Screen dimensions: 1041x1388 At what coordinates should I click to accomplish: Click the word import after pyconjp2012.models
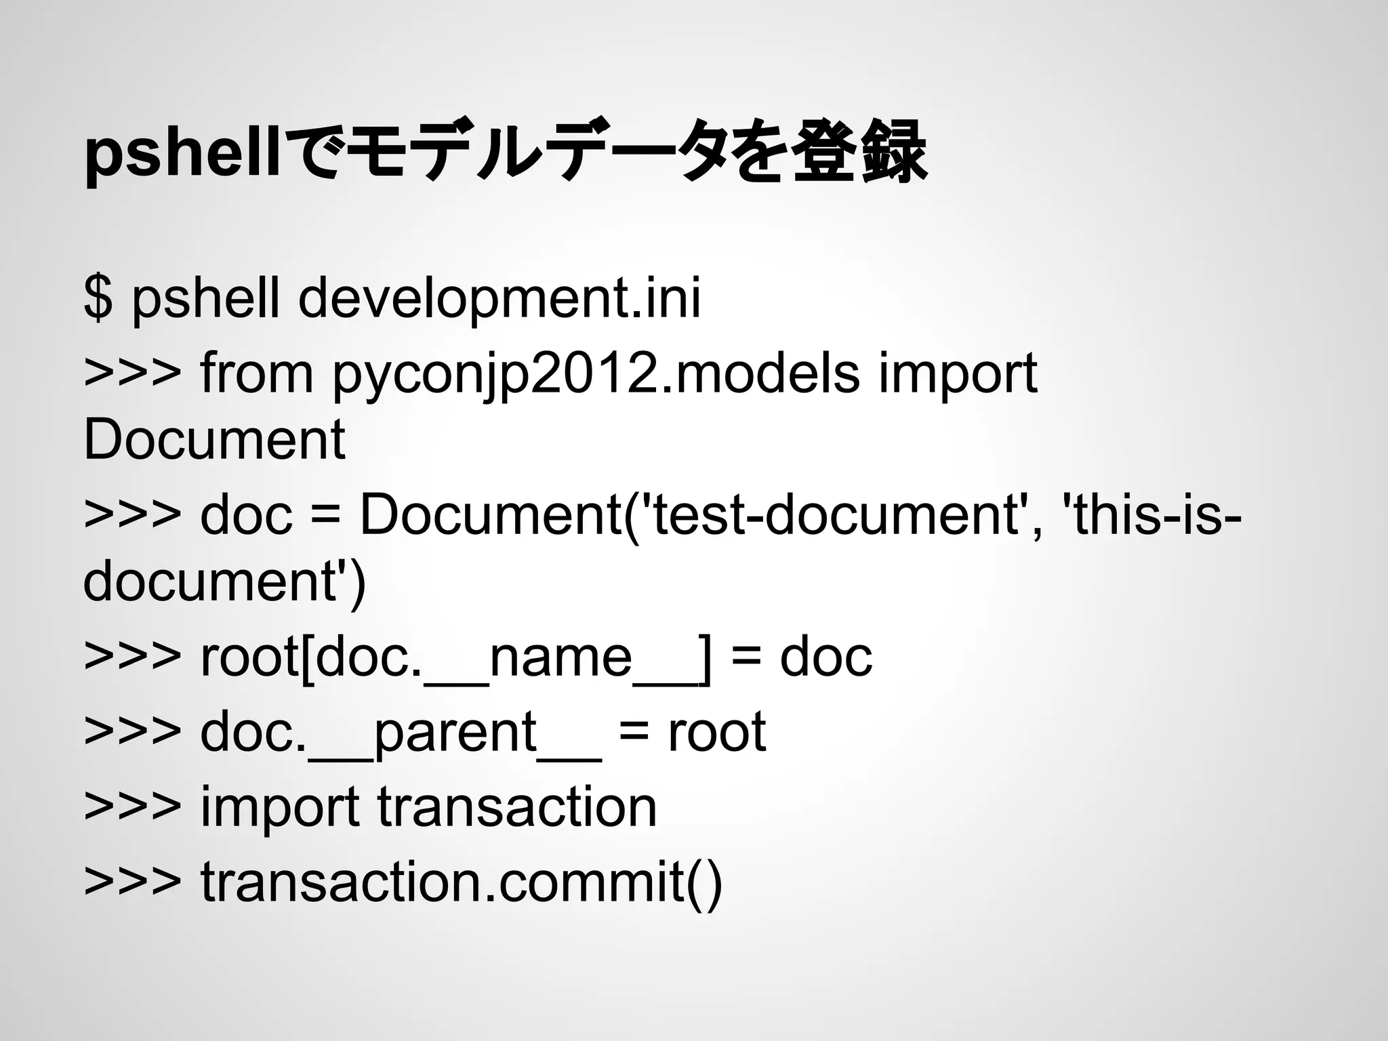click(x=958, y=374)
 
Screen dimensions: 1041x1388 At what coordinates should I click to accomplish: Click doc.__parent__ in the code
click(x=401, y=732)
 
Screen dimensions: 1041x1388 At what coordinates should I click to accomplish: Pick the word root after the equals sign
click(x=716, y=732)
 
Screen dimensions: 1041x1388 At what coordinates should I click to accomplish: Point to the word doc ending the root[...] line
click(x=825, y=657)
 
